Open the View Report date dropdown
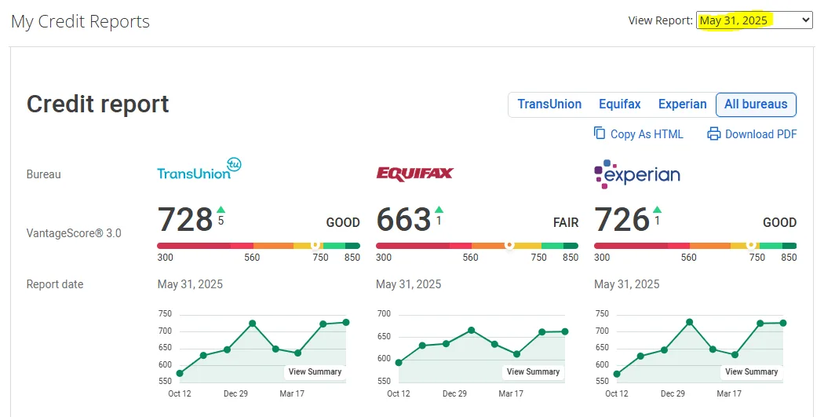(753, 20)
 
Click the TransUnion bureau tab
(549, 104)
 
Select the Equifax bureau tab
(620, 104)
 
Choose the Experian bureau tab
(682, 104)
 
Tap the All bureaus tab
(756, 104)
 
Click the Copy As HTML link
(639, 134)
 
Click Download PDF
(752, 134)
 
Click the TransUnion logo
(199, 171)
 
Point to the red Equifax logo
(414, 174)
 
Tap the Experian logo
(637, 174)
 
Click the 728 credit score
(185, 221)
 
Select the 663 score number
(403, 221)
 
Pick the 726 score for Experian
(622, 221)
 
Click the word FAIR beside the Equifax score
(565, 223)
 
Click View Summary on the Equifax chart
(533, 372)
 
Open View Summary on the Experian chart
(751, 372)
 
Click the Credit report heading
(97, 104)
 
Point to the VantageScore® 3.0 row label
(74, 233)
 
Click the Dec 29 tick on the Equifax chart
(454, 393)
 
